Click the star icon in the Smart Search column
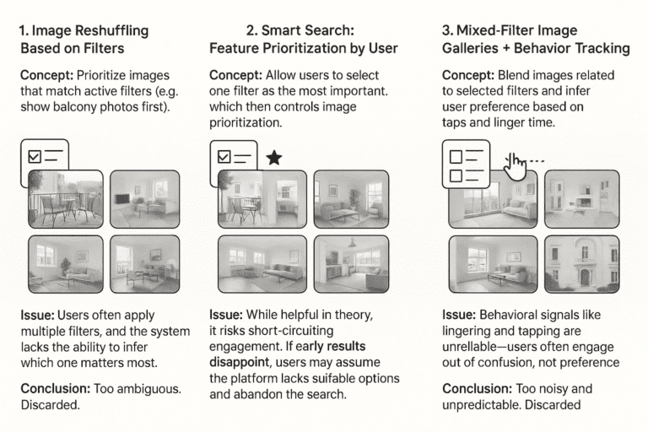click(273, 158)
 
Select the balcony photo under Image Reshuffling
click(66, 199)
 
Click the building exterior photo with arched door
click(581, 262)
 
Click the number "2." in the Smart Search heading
click(251, 31)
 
